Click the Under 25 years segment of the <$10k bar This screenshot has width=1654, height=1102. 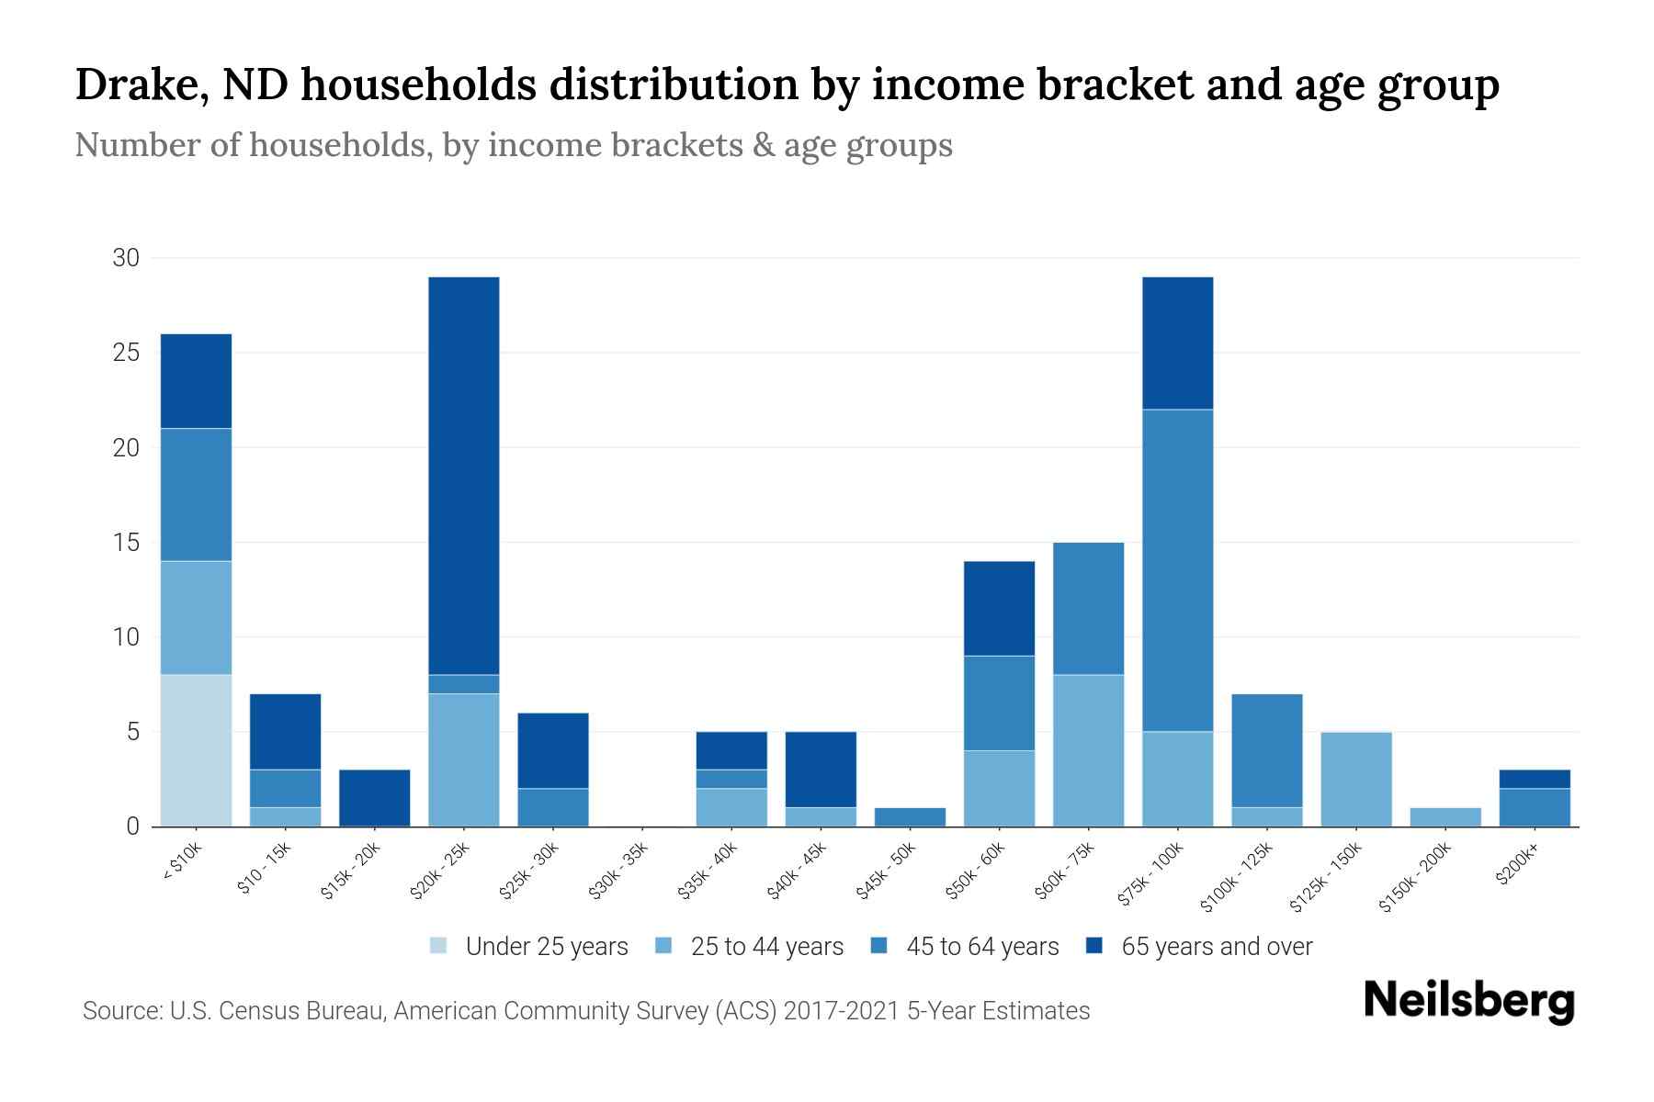[196, 750]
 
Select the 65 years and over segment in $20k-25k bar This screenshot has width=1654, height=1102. [464, 475]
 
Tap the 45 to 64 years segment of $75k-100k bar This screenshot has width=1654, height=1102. [1177, 569]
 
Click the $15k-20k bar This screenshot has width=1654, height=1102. [375, 797]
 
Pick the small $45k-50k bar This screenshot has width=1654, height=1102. [910, 816]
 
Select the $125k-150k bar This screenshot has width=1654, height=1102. [1355, 779]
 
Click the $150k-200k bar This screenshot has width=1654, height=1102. [1444, 816]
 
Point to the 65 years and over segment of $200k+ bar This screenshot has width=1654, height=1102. [1534, 779]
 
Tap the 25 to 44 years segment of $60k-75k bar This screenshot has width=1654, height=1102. [1088, 750]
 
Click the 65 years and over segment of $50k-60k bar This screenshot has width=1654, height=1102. [999, 608]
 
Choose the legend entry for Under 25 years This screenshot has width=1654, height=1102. [546, 947]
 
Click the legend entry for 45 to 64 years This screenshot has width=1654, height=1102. [981, 947]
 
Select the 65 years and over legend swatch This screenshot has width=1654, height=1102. [1094, 946]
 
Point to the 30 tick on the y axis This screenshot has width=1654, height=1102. [126, 258]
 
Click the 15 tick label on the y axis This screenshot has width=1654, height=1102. [126, 543]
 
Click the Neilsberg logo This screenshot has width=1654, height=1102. [1468, 1001]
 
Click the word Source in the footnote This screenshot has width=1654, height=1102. [120, 1011]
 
